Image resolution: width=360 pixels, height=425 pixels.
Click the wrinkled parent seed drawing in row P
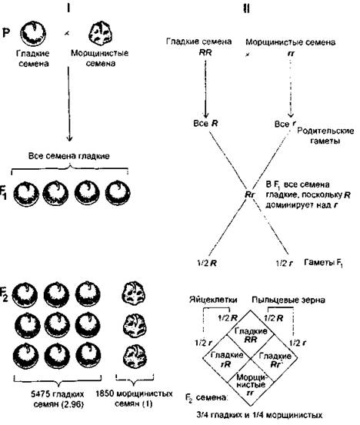(x=101, y=33)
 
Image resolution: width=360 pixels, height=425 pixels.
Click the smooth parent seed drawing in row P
(x=33, y=33)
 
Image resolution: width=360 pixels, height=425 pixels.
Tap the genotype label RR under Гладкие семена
(x=205, y=52)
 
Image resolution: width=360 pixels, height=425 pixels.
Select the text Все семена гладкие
(x=69, y=156)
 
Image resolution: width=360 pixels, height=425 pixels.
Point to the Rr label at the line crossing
(x=249, y=194)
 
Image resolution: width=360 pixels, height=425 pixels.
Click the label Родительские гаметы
(x=325, y=135)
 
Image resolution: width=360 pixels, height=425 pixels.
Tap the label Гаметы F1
(x=323, y=263)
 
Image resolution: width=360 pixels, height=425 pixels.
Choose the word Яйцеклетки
(x=213, y=300)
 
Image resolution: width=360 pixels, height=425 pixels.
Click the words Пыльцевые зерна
(x=288, y=300)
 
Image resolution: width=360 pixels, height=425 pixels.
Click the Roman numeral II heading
(x=246, y=8)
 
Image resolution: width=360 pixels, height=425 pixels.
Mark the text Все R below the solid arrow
(x=205, y=124)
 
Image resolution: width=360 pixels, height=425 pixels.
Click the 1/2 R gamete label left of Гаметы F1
(x=206, y=263)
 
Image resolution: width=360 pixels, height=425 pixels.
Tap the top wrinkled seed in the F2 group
(x=134, y=294)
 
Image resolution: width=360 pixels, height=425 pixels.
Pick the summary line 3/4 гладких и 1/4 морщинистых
(x=259, y=415)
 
